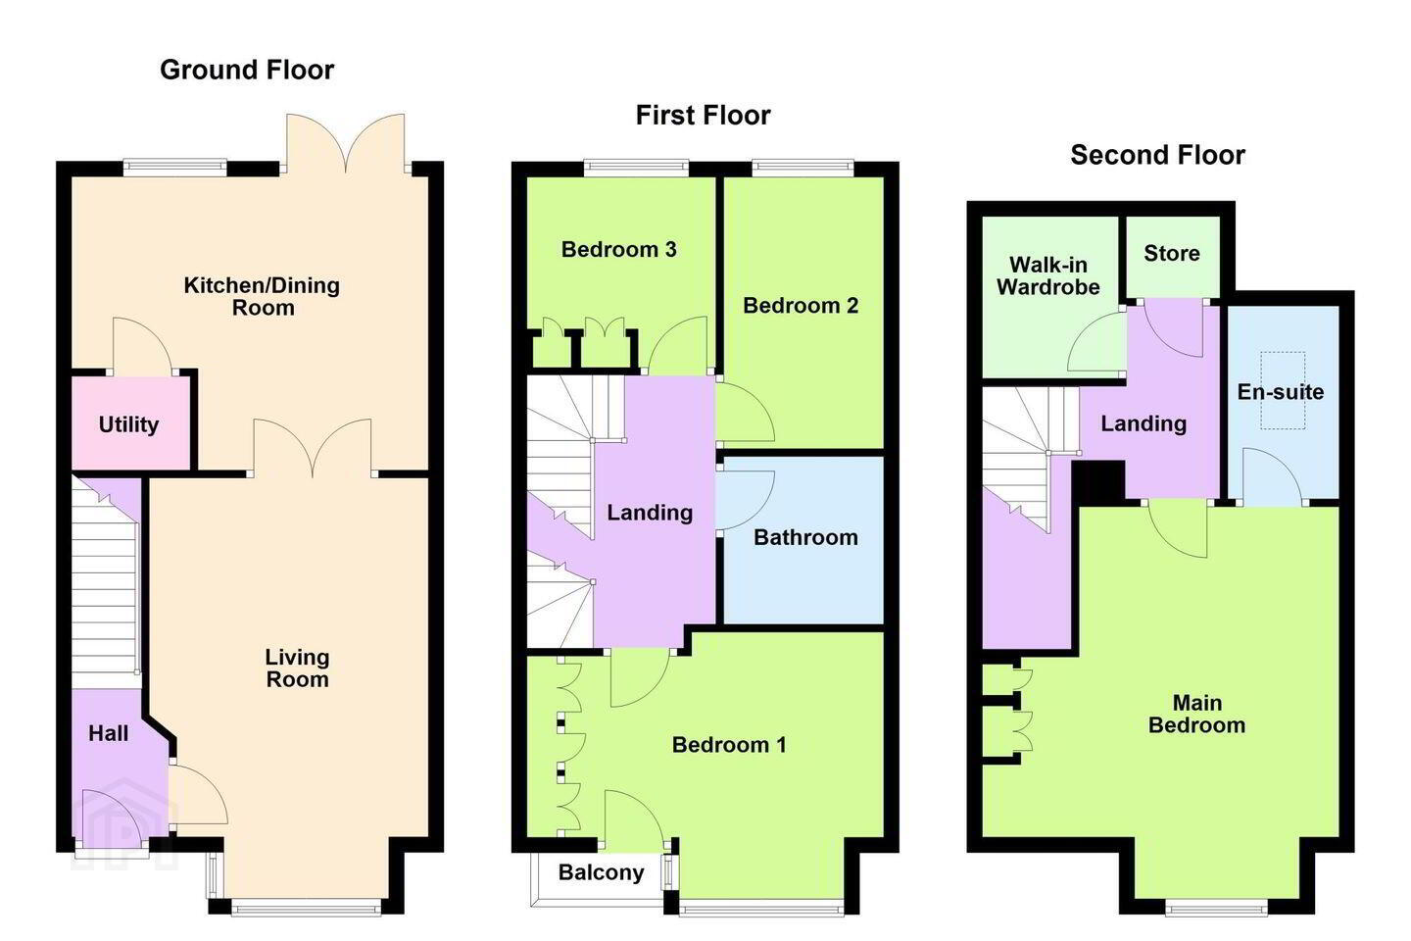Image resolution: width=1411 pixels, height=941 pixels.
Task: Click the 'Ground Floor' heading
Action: point(247,70)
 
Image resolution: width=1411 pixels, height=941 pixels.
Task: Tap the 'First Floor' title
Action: point(703,116)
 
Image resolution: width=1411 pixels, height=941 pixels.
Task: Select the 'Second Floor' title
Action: point(1158,155)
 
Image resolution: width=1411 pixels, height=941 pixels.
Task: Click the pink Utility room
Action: point(130,422)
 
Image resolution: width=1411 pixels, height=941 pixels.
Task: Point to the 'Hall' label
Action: point(109,733)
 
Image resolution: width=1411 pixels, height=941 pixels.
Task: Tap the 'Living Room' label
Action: point(297,669)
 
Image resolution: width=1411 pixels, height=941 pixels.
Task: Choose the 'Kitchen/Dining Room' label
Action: point(262,296)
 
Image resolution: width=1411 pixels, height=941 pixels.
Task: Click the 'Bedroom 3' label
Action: point(618,249)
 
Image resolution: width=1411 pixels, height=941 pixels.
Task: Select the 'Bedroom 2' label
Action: point(800,305)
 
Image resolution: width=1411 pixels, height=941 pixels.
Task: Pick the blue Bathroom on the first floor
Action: point(803,539)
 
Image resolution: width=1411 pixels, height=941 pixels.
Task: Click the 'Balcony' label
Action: point(601,872)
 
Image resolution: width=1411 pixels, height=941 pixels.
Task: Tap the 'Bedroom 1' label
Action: point(729,744)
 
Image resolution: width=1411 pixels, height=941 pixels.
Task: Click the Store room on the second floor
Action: point(1172,256)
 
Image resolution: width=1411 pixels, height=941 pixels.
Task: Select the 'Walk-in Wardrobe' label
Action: point(1048,276)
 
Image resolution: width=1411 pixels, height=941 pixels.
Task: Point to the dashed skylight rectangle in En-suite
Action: point(1283,391)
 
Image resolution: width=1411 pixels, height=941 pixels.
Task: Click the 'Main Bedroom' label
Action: point(1196,714)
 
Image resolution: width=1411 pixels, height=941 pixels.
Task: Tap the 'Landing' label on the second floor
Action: point(1143,422)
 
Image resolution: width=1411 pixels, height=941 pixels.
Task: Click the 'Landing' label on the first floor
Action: point(650,513)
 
